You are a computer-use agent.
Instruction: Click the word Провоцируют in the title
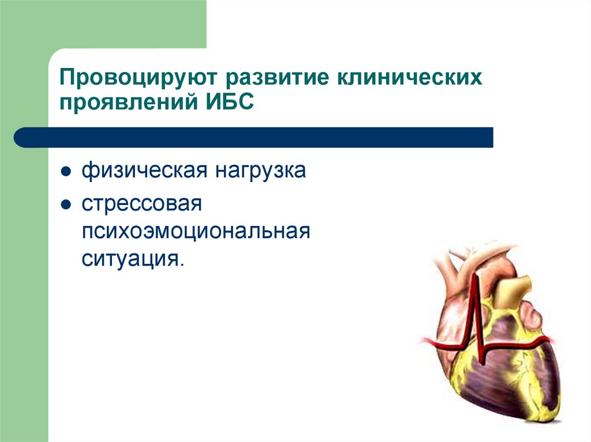pos(139,78)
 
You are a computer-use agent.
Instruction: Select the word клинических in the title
pos(409,77)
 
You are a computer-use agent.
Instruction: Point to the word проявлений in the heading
pos(129,101)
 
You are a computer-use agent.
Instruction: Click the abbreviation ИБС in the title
pos(230,101)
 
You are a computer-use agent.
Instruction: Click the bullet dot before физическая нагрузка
pos(66,172)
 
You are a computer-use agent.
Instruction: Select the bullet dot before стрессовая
pos(66,205)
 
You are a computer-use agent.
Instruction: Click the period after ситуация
pos(182,265)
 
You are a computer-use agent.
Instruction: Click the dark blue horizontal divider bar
pos(253,137)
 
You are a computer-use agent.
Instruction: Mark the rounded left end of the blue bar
pos(15,137)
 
